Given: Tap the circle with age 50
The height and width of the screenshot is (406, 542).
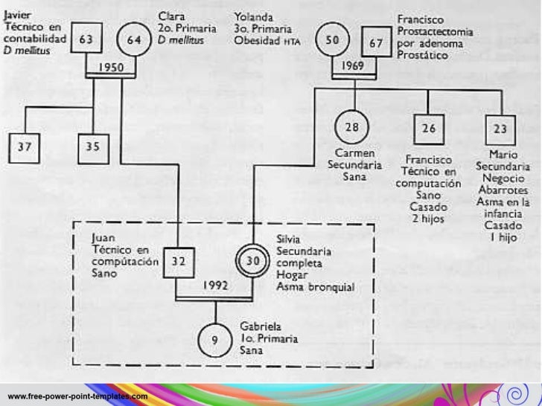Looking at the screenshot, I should pyautogui.click(x=333, y=40).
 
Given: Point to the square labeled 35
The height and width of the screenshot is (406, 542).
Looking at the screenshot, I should pyautogui.click(x=94, y=147).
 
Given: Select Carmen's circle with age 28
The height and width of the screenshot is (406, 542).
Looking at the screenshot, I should pyautogui.click(x=353, y=127).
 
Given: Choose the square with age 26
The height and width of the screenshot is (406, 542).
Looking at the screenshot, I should pyautogui.click(x=428, y=129).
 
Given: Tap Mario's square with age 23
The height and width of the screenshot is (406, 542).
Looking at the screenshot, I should pyautogui.click(x=501, y=129).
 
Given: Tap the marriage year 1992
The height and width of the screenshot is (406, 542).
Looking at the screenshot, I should pyautogui.click(x=215, y=285).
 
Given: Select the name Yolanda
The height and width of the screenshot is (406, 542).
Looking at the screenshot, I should pyautogui.click(x=255, y=16).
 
